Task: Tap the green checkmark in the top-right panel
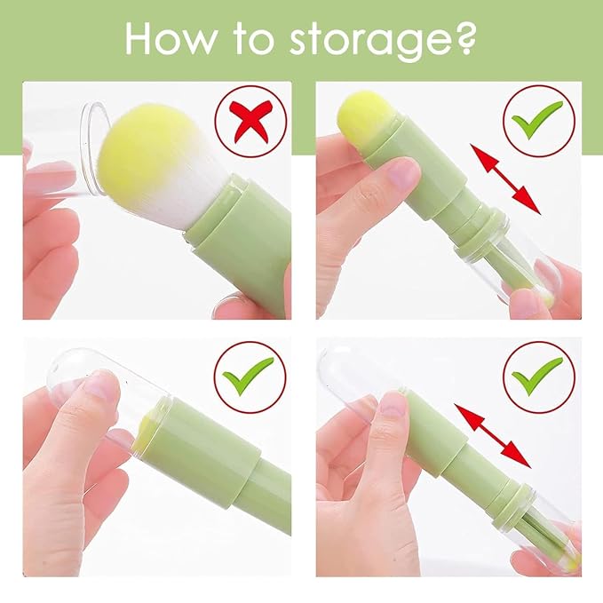click(539, 119)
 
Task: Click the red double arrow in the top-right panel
click(505, 179)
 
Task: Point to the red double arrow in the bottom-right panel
click(492, 436)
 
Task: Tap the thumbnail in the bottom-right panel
click(393, 407)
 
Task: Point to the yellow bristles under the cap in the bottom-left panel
click(144, 428)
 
